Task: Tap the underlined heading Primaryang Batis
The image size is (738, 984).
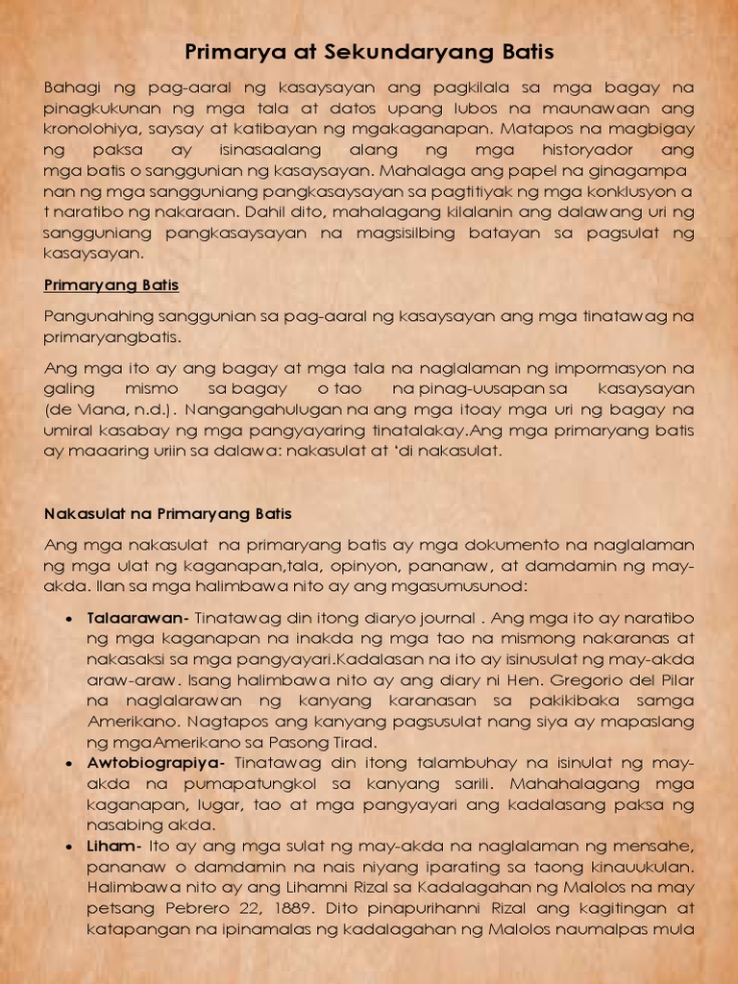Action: [111, 285]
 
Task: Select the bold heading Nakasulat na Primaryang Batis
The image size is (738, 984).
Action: [168, 513]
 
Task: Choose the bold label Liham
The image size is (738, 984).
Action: [111, 846]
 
